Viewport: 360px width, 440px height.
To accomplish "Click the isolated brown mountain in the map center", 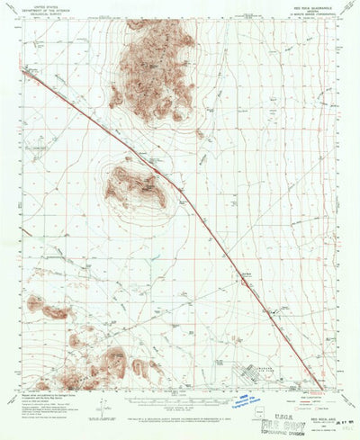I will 135,186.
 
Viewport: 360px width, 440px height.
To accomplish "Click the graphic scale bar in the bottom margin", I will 181,396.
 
